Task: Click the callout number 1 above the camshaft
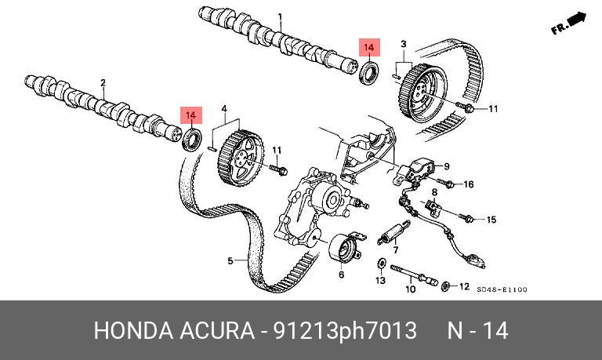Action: click(280, 16)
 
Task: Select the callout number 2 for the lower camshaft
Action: click(103, 82)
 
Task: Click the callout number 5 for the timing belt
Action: click(231, 260)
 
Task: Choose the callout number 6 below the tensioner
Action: click(341, 275)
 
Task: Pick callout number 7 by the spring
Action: click(397, 250)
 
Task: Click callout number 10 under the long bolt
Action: click(409, 289)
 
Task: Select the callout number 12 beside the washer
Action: click(464, 286)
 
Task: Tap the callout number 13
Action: click(380, 280)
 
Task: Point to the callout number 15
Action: click(491, 220)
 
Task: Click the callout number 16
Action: click(470, 185)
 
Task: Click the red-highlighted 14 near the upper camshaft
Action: click(368, 48)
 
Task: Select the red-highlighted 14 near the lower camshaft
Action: click(191, 115)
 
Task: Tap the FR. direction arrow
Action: click(569, 24)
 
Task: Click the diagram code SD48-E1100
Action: click(502, 290)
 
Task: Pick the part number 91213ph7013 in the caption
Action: click(344, 330)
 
